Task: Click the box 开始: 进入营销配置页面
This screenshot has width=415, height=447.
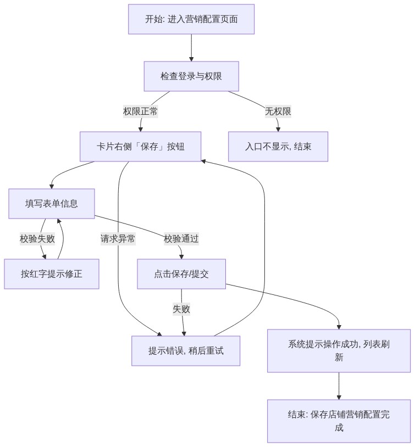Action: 191,19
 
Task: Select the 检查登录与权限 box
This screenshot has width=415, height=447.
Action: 191,76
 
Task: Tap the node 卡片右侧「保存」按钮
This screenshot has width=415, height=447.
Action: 140,147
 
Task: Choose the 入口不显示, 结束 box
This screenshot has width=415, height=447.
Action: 278,147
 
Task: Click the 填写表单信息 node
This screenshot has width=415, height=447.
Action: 51,204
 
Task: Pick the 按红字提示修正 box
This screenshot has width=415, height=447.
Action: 51,274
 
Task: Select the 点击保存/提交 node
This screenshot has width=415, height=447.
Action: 181,274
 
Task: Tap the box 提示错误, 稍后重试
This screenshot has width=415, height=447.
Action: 186,351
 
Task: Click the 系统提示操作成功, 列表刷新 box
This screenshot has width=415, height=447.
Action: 339,351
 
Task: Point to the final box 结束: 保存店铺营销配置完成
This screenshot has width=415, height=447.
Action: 339,421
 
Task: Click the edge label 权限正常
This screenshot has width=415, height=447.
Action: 140,111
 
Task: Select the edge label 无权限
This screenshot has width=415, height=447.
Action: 278,111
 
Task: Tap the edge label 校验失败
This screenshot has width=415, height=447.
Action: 37,239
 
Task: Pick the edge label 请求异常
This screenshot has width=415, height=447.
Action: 118,239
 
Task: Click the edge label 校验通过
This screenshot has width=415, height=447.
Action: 181,239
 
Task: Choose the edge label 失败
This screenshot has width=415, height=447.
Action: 181,309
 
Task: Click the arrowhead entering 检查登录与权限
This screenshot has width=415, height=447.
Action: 191,59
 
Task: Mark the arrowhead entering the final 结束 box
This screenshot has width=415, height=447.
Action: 339,398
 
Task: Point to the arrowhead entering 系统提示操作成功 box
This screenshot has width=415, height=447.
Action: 339,327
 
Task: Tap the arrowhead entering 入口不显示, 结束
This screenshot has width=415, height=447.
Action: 278,130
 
